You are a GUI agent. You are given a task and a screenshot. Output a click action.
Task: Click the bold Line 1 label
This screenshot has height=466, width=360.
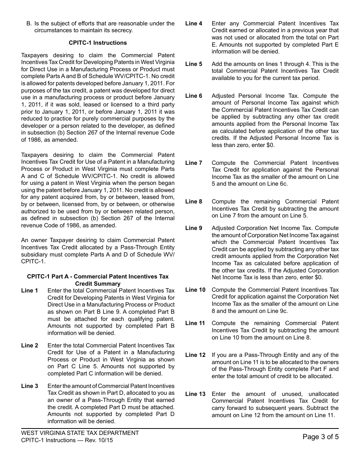[x=30, y=291]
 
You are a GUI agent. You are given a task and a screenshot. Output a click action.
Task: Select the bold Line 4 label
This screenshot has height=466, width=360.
[x=194, y=23]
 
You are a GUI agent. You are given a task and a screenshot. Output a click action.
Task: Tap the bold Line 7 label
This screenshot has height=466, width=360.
[x=194, y=163]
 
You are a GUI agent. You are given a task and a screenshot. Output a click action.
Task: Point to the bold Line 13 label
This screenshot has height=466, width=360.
[x=195, y=394]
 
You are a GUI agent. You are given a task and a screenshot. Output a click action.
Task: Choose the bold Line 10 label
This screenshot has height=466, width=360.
[x=195, y=290]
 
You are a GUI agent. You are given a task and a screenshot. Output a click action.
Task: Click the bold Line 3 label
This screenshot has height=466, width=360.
[x=30, y=386]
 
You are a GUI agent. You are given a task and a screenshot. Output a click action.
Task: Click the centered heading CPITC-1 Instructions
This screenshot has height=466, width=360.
[x=98, y=43]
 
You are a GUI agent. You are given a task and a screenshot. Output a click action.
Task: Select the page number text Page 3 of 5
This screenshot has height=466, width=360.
[x=321, y=437]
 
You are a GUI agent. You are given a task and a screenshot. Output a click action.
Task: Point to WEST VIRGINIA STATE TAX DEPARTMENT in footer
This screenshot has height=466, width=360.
[x=80, y=433]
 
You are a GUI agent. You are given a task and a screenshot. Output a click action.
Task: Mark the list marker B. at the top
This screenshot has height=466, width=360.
[x=29, y=23]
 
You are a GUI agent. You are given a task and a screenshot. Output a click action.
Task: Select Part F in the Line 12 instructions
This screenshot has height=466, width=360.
[x=317, y=369]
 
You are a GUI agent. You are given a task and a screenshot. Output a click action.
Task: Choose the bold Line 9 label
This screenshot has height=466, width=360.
[x=194, y=228]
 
